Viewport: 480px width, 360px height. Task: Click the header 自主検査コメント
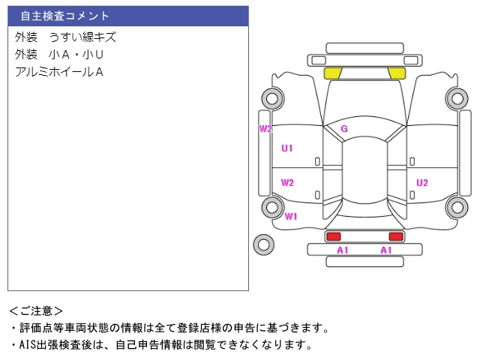pos(65,16)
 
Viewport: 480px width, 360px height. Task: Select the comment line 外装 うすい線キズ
pos(65,37)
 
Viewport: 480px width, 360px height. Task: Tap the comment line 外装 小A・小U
pos(58,54)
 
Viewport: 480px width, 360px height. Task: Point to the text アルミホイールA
pos(58,72)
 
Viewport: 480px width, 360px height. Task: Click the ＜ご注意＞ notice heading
pos(36,310)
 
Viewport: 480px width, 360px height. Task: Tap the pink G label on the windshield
pos(344,129)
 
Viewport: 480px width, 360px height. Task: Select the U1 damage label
pos(287,148)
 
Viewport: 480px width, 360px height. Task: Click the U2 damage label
pos(422,182)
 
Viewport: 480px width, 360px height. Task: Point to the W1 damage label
pos(291,217)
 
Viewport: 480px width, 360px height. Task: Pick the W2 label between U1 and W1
pos(287,182)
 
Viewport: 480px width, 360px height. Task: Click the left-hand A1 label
pos(343,250)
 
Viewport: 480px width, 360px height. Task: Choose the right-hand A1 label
pos(386,250)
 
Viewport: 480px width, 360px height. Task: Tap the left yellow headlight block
pos(333,73)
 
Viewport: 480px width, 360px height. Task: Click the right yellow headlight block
pos(397,73)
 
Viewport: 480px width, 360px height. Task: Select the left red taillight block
pos(333,236)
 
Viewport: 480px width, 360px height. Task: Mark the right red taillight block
pos(396,236)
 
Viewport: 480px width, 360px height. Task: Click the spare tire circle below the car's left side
pos(264,244)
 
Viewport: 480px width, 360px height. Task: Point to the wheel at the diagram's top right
pos(456,97)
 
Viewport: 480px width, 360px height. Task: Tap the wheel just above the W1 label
pos(271,206)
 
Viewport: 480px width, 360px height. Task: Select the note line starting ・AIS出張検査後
pos(160,345)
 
